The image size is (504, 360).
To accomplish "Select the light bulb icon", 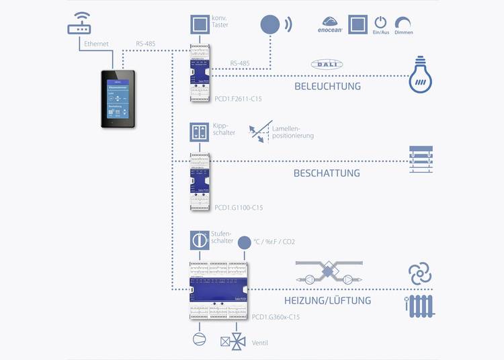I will [x=420, y=78].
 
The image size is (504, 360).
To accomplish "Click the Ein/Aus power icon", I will [x=380, y=22].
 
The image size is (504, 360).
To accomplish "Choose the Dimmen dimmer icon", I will [x=404, y=22].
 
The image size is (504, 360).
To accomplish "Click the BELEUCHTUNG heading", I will [x=327, y=86].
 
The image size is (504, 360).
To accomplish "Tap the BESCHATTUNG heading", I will [x=327, y=173].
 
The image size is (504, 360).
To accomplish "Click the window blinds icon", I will [x=421, y=160].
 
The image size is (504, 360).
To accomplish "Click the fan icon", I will [x=421, y=274].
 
